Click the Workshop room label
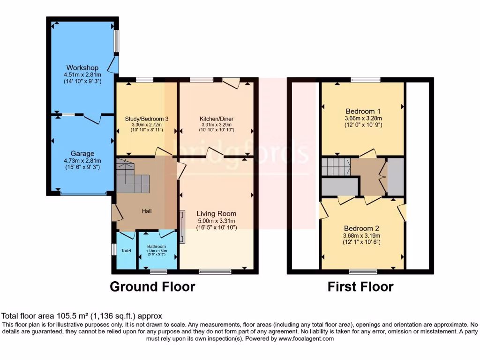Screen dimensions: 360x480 click(82, 67)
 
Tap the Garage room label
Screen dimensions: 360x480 click(82, 153)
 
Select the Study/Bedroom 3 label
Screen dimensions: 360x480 click(147, 119)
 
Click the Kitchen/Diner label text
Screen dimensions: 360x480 click(216, 119)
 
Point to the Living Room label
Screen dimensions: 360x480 click(216, 213)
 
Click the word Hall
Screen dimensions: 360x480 click(147, 211)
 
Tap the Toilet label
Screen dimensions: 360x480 click(126, 251)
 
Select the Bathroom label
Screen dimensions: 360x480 click(156, 247)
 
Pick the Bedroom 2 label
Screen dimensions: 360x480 click(361, 228)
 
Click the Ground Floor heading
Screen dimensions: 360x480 click(152, 286)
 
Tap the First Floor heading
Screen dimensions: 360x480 click(360, 286)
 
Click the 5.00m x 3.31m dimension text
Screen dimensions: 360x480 click(216, 221)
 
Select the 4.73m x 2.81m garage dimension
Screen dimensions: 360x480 click(82, 161)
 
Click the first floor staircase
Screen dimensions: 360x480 click(336, 166)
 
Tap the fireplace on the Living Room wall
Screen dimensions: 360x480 click(182, 227)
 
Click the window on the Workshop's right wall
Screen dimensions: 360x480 click(116, 41)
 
